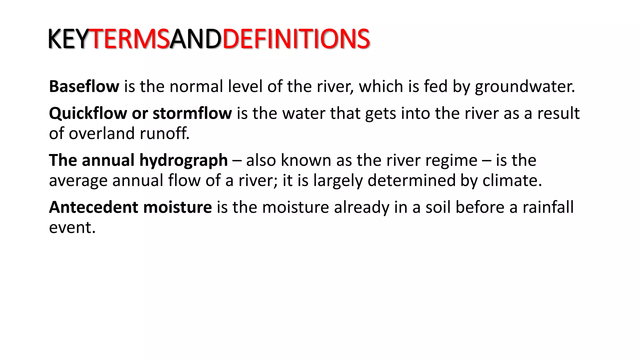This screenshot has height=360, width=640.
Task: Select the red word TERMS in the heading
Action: (130, 39)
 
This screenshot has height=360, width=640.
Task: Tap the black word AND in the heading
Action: (196, 39)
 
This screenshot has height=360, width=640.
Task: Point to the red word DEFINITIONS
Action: (296, 39)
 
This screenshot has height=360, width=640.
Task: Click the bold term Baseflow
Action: (84, 86)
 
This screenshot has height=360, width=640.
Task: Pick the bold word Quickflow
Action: (88, 113)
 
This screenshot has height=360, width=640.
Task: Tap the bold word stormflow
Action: (192, 113)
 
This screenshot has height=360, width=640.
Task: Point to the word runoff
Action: (164, 133)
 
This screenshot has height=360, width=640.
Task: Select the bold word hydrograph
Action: (183, 161)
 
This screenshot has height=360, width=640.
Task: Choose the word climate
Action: (512, 181)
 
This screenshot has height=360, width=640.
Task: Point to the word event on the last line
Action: (72, 227)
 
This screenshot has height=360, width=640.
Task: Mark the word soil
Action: (438, 207)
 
